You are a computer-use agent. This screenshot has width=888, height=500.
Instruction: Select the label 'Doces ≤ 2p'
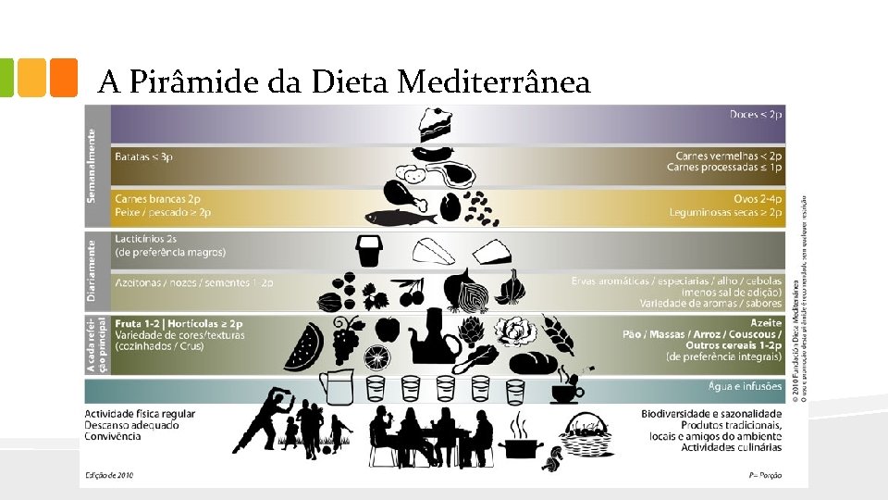pyautogui.click(x=756, y=114)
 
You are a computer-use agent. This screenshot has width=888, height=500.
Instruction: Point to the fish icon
pyautogui.click(x=401, y=218)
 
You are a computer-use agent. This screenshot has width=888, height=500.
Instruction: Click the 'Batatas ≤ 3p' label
pyautogui.click(x=143, y=157)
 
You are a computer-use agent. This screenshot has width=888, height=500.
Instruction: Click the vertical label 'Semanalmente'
pyautogui.click(x=93, y=165)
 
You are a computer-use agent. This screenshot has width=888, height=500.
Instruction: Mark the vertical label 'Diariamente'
pyautogui.click(x=93, y=270)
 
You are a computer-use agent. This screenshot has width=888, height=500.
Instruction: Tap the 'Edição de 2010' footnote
pyautogui.click(x=109, y=475)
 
